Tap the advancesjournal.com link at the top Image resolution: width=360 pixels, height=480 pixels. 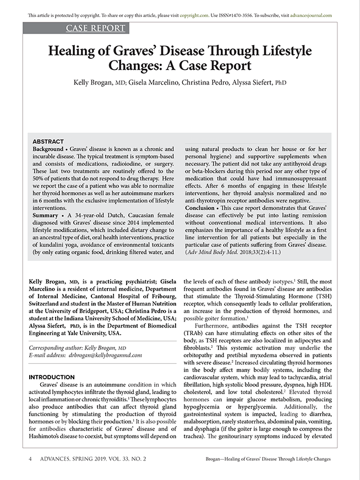[x=308, y=15]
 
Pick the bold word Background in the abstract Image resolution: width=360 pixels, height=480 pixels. [x=48, y=149]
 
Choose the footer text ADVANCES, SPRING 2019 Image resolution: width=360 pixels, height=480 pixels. [x=68, y=459]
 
